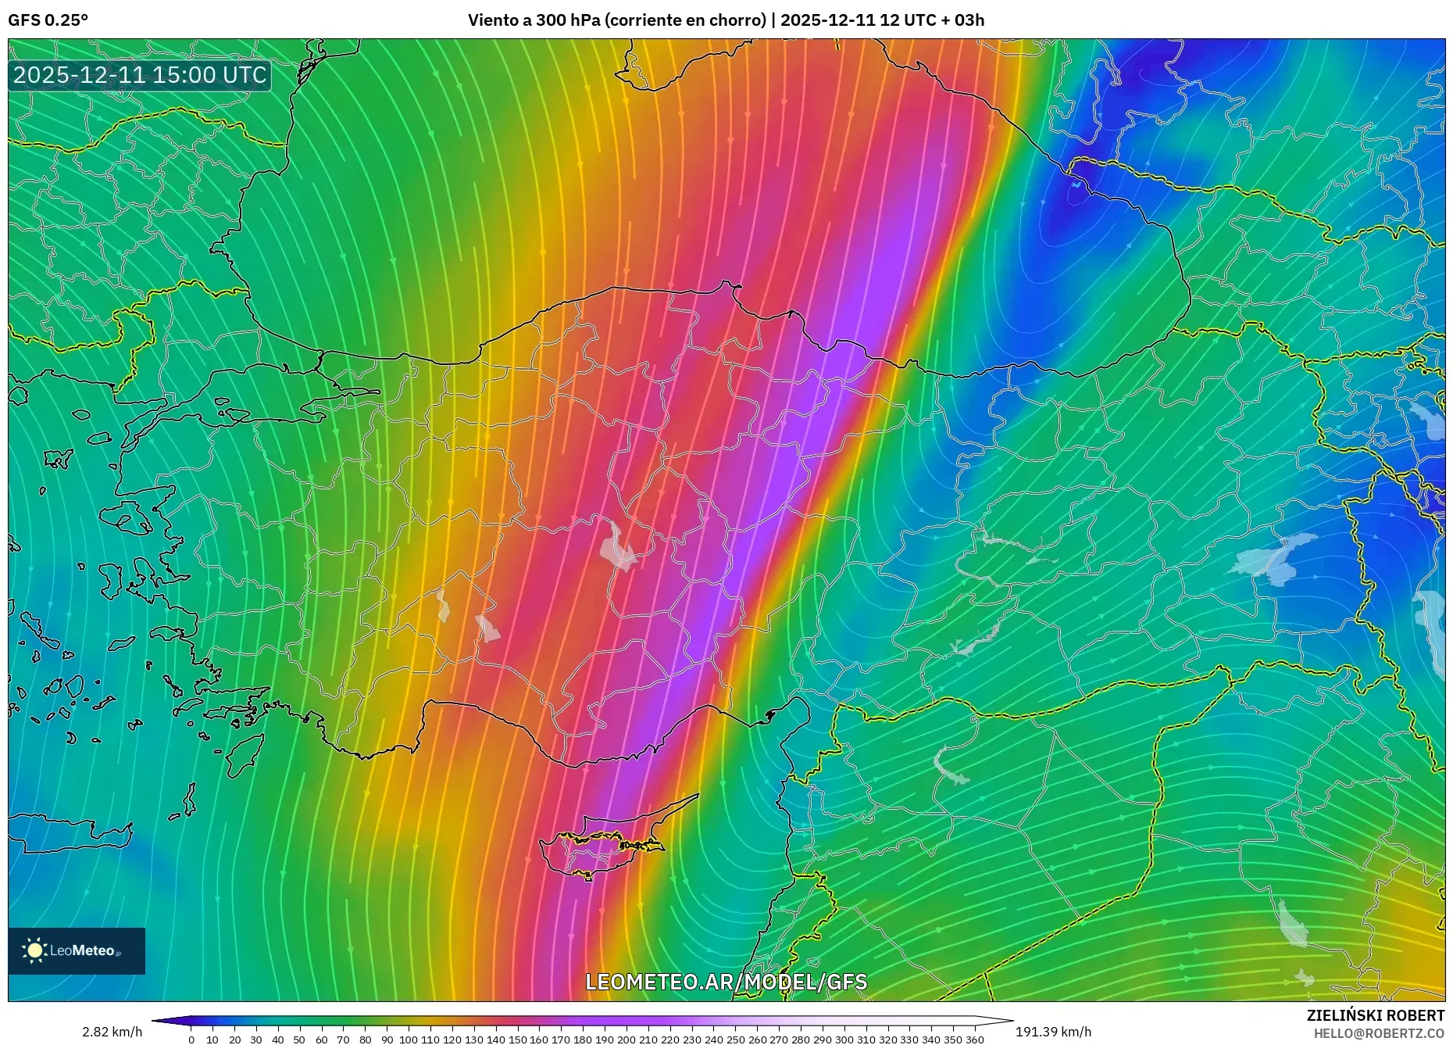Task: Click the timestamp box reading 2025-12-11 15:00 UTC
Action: (x=140, y=75)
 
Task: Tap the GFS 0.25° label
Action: (x=48, y=20)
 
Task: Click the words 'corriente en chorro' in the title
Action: (x=684, y=20)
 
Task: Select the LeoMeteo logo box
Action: (x=77, y=950)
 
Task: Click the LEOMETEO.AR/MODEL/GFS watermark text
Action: (x=726, y=982)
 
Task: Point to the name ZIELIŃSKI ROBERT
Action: (x=1375, y=1015)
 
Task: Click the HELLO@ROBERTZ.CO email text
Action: (x=1378, y=1033)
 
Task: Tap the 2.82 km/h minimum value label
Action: (x=112, y=1032)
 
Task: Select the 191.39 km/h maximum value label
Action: (x=1053, y=1032)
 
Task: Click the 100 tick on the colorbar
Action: (x=409, y=1040)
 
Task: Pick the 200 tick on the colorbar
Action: (x=627, y=1040)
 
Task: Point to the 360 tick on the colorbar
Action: (x=974, y=1040)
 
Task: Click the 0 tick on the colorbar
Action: (x=191, y=1040)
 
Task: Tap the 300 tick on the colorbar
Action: (x=844, y=1040)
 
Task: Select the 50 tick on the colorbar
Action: (x=299, y=1040)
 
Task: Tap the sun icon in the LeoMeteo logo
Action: (x=34, y=950)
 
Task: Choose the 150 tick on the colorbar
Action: (x=517, y=1040)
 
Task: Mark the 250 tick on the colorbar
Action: (x=735, y=1040)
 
